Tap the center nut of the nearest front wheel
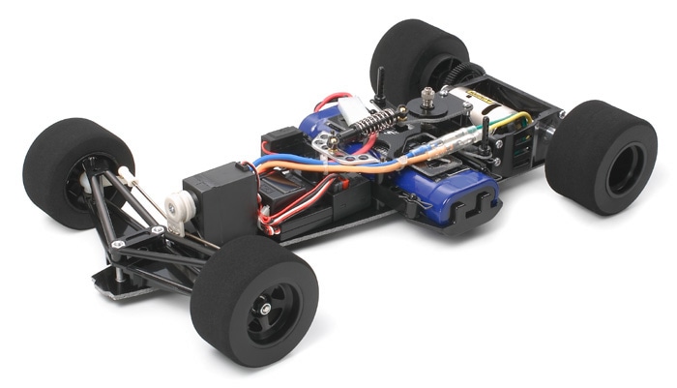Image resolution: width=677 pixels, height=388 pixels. point(263,309)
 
